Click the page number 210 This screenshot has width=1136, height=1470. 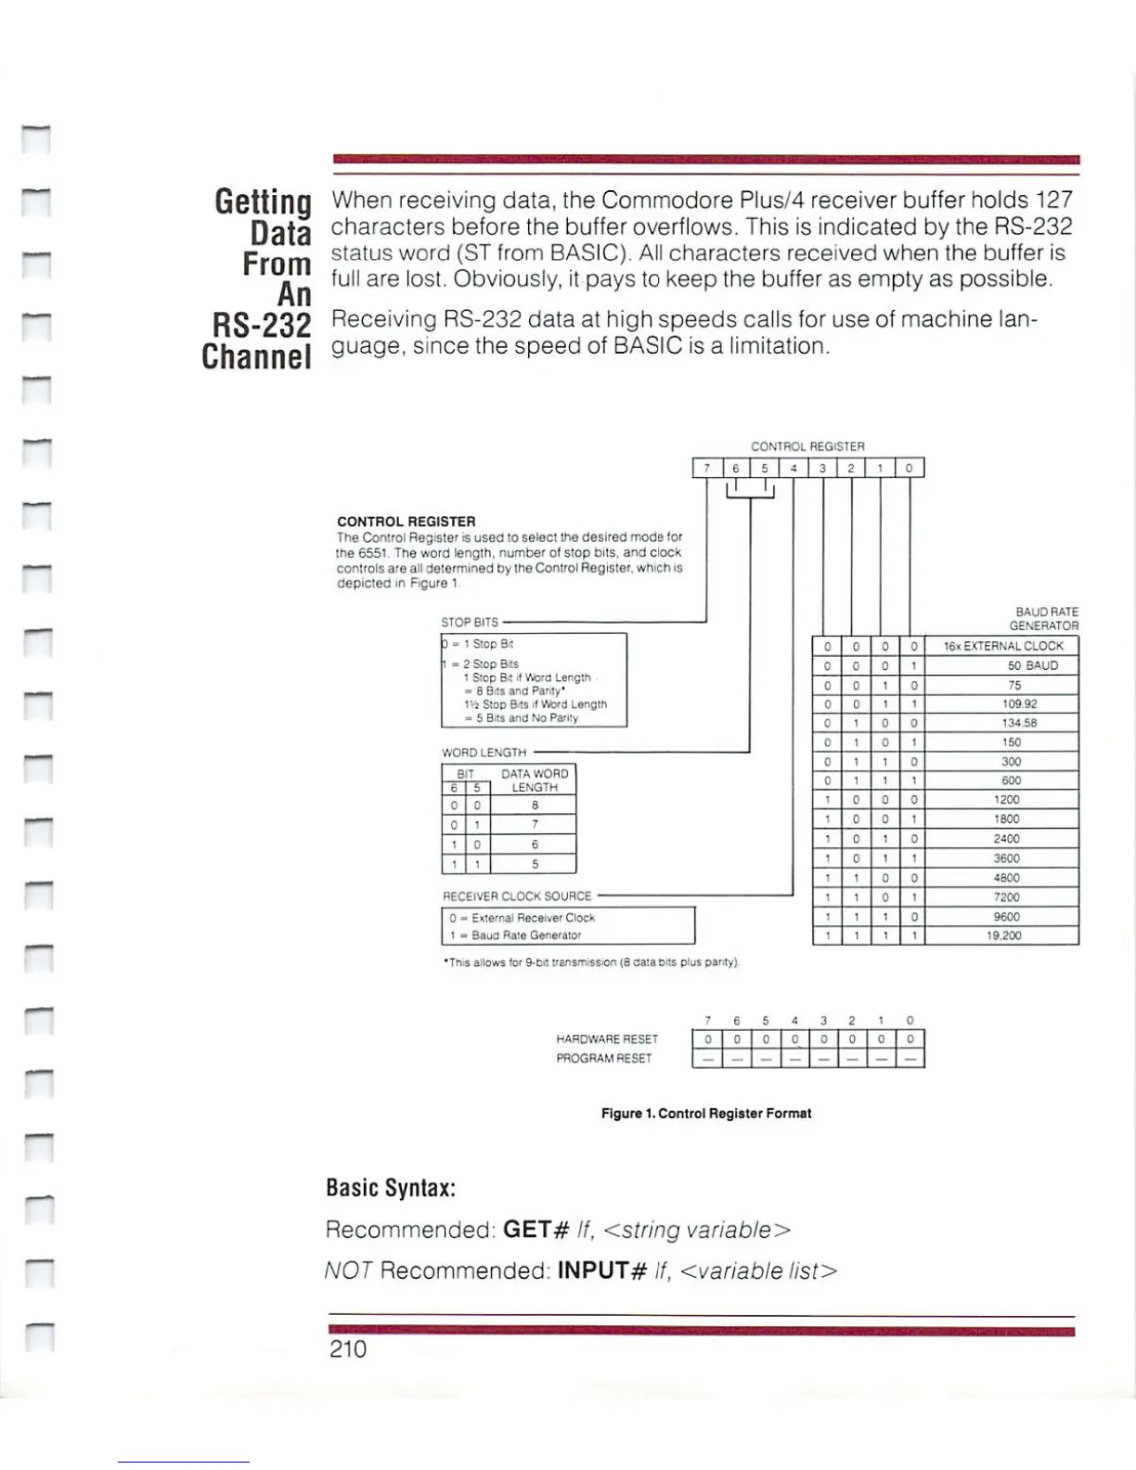pos(348,1348)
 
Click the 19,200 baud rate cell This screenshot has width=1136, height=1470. pos(1002,935)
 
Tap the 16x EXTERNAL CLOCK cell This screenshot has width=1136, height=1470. pos(1002,646)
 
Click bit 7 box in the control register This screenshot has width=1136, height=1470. pos(707,468)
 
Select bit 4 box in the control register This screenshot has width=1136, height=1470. pos(794,468)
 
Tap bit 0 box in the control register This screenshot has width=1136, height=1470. pos(910,468)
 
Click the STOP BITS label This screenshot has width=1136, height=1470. pos(470,622)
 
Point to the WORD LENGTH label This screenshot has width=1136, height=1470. pos(484,753)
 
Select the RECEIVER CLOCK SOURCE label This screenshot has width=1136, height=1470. pos(517,896)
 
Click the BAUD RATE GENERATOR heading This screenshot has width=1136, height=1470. pos(1045,619)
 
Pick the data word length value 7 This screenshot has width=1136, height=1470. pos(535,825)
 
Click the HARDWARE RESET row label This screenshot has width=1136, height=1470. pos(607,1039)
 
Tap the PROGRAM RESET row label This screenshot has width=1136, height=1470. pos(604,1058)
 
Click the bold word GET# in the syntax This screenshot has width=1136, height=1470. pos(536,1230)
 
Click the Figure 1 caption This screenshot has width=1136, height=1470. pos(706,1113)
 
